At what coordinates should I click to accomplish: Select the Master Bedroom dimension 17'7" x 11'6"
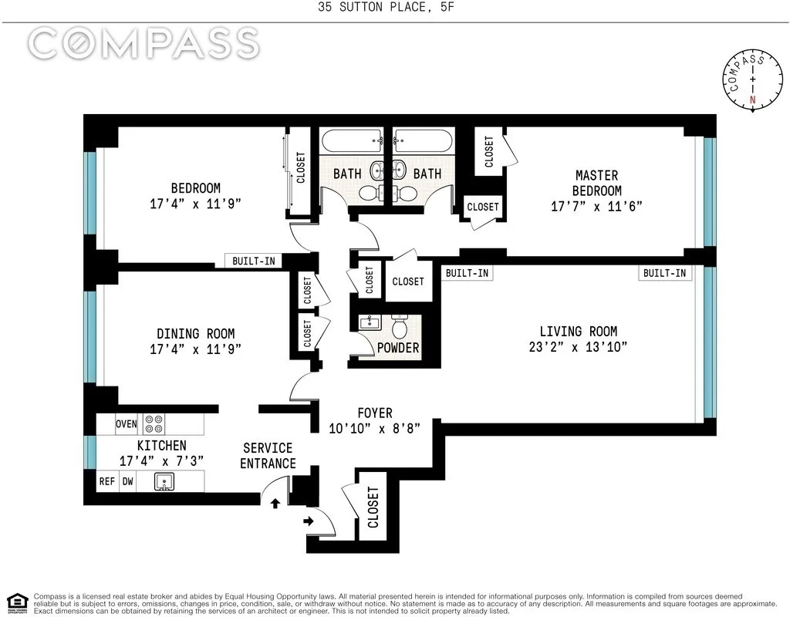coord(596,207)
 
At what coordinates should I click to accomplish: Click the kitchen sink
coord(164,481)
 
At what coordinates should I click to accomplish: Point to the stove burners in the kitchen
coord(154,424)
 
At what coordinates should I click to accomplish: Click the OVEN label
coord(127,424)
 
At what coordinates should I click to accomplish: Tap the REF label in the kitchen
coord(107,481)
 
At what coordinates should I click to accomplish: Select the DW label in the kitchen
coord(128,481)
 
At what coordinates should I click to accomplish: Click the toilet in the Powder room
coord(399,325)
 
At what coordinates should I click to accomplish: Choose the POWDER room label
coord(398,348)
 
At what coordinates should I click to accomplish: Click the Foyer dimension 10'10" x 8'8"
coord(374,429)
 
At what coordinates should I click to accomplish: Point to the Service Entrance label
coord(268,455)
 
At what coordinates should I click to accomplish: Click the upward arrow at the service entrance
coord(275,503)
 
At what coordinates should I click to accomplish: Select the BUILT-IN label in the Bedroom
coord(253,261)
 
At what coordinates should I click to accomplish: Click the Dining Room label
coord(196,334)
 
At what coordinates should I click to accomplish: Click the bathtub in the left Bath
coord(351,143)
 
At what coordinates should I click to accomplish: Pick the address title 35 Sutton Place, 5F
coord(395,8)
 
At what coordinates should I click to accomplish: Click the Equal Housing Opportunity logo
coord(17,602)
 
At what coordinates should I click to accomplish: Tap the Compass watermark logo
coord(143,43)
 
